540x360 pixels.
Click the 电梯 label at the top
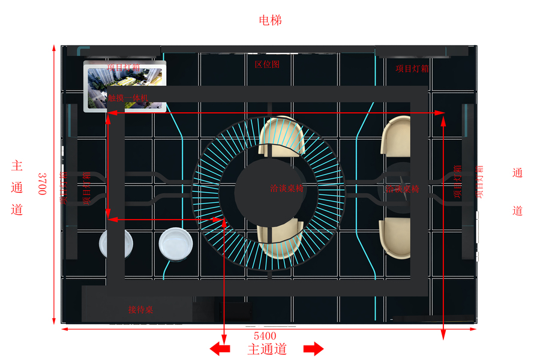pos(270,20)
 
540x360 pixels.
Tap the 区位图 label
pos(267,64)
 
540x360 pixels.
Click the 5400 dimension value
pos(265,335)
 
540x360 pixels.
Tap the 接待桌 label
pos(140,310)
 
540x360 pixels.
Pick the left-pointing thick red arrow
pos(219,349)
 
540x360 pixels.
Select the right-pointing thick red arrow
pos(314,349)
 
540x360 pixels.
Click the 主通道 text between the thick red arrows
pos(267,349)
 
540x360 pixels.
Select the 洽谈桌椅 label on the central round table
pos(287,188)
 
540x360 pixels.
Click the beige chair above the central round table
pos(283,136)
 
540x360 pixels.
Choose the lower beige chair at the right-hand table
pos(395,238)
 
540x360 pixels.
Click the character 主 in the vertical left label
pos(17,165)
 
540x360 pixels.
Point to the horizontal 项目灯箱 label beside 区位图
pos(412,68)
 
